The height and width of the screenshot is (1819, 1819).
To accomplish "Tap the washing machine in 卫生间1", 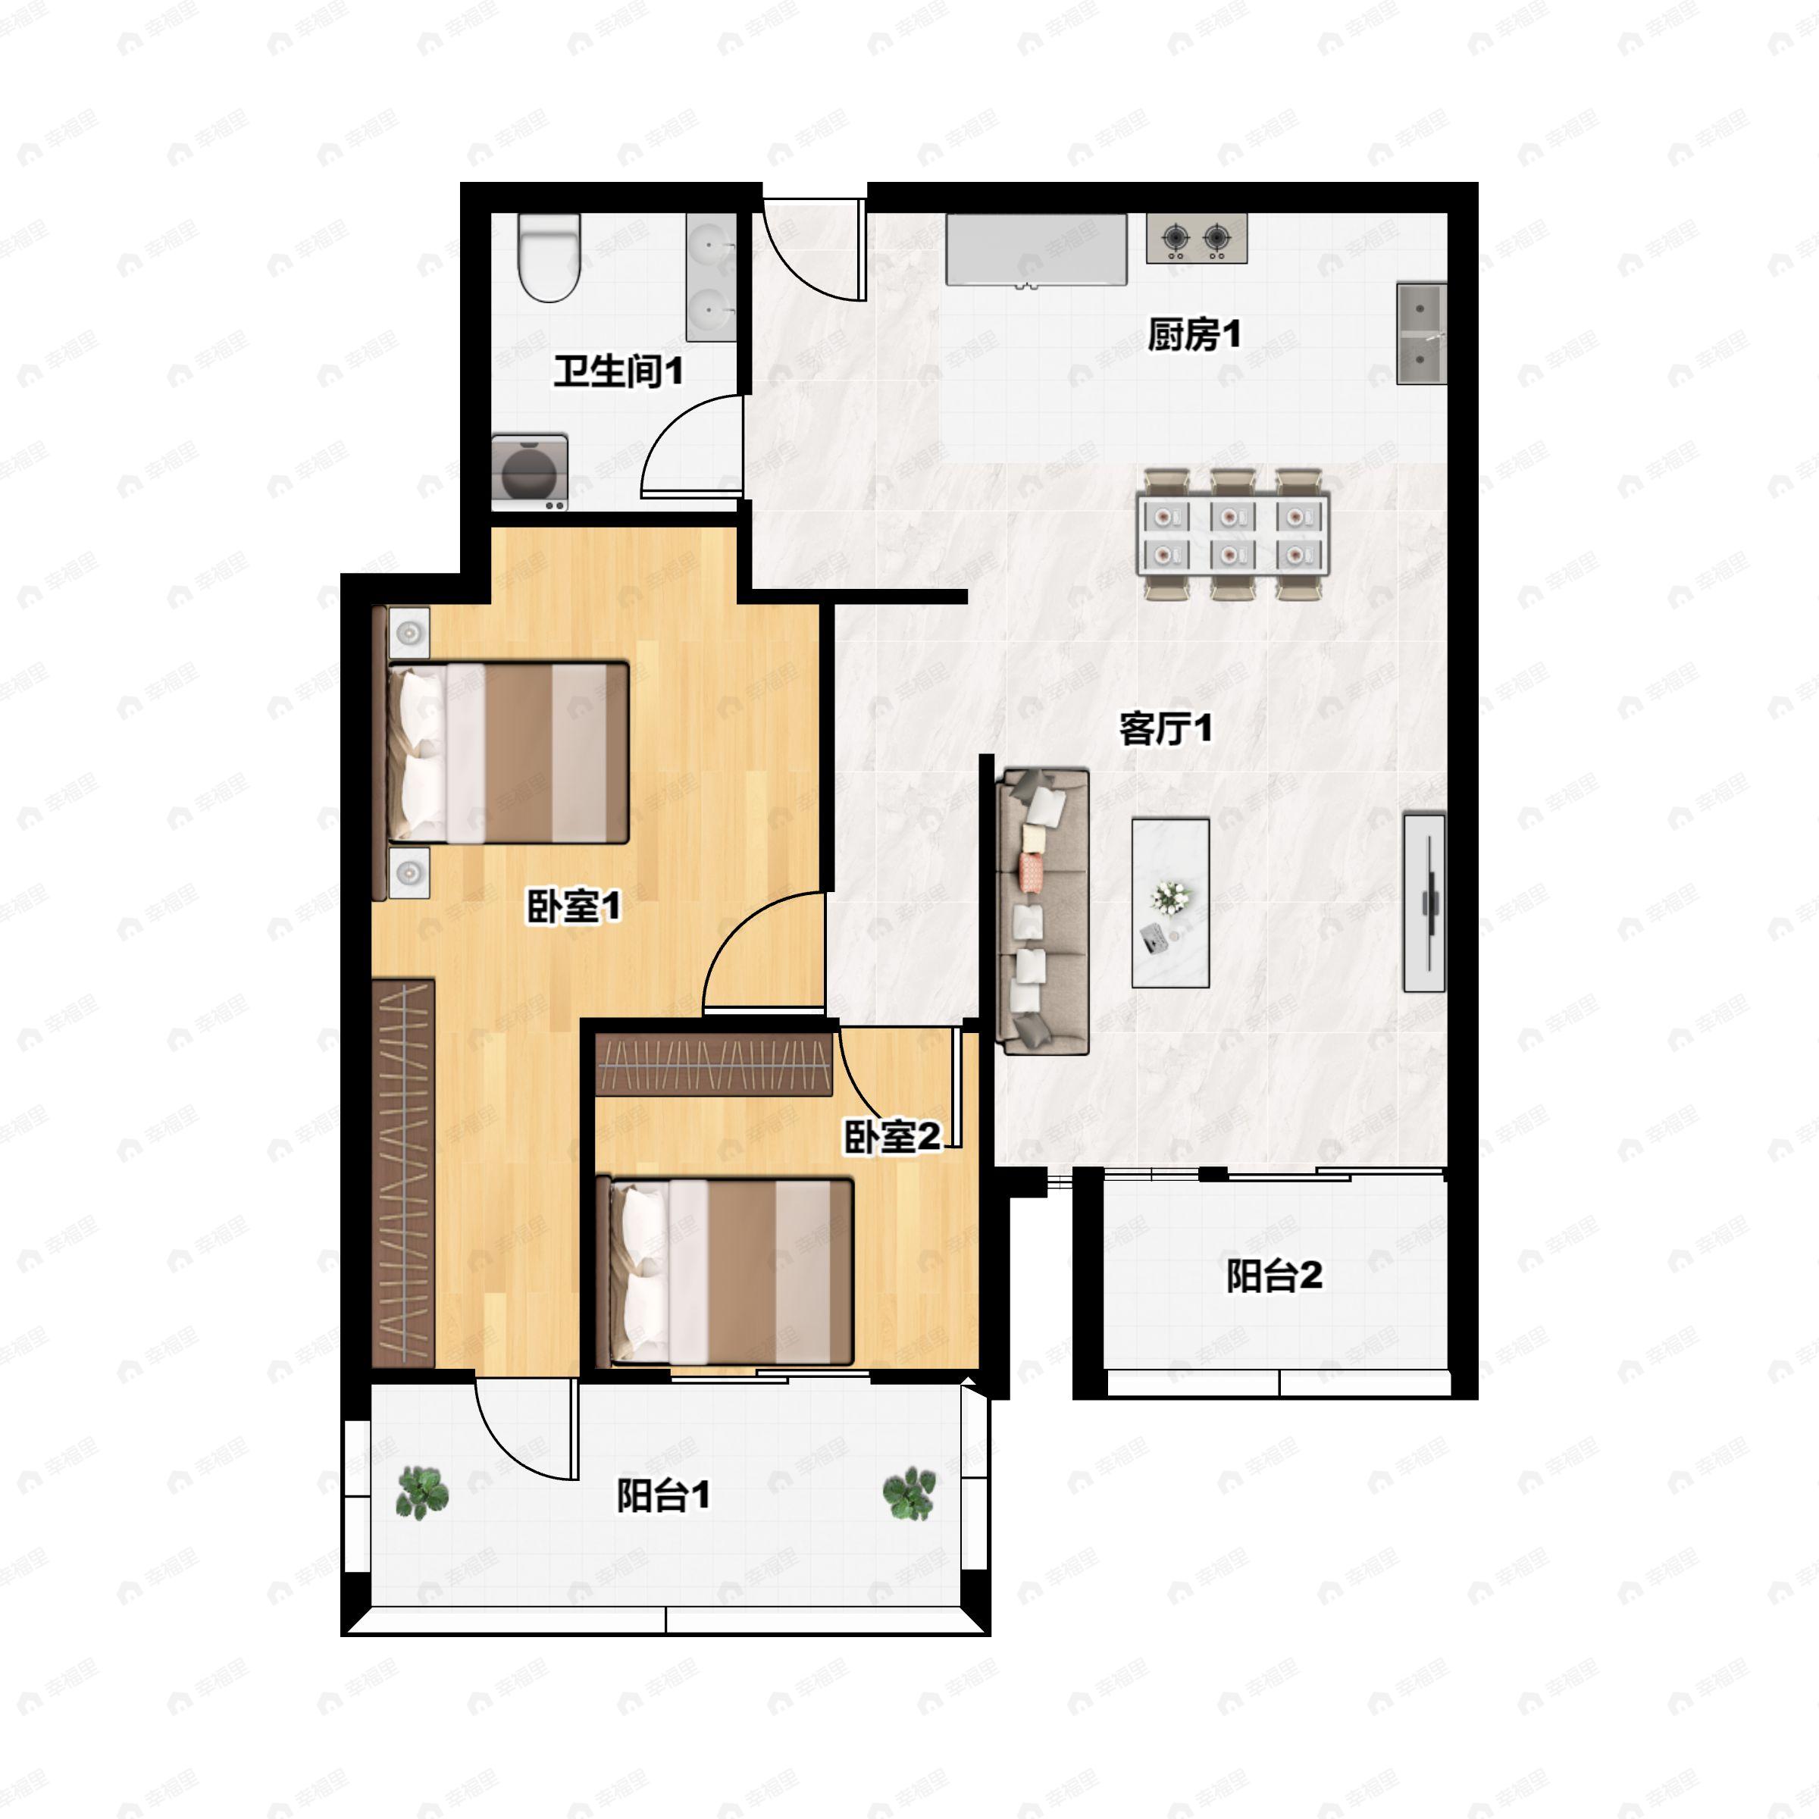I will (x=529, y=473).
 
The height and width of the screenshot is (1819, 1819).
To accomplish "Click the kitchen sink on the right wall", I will (x=1421, y=333).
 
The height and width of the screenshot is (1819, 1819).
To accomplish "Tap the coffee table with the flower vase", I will (x=1170, y=903).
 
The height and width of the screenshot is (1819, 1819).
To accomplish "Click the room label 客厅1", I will (x=1165, y=728).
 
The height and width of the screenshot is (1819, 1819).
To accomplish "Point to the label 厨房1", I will (x=1194, y=334).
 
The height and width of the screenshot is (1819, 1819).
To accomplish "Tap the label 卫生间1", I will (x=618, y=371).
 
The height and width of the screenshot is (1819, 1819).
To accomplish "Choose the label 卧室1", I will (x=572, y=906).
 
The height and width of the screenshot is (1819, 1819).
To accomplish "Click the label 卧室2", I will (x=891, y=1136).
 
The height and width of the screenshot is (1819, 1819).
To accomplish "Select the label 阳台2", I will (x=1273, y=1276).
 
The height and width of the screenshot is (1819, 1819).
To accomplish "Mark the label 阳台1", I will (x=663, y=1495).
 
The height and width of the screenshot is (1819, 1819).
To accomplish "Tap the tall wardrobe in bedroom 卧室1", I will (x=403, y=1173).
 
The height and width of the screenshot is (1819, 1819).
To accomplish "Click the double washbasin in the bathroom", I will (x=711, y=277).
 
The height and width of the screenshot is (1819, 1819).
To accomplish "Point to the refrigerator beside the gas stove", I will (x=1035, y=249).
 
